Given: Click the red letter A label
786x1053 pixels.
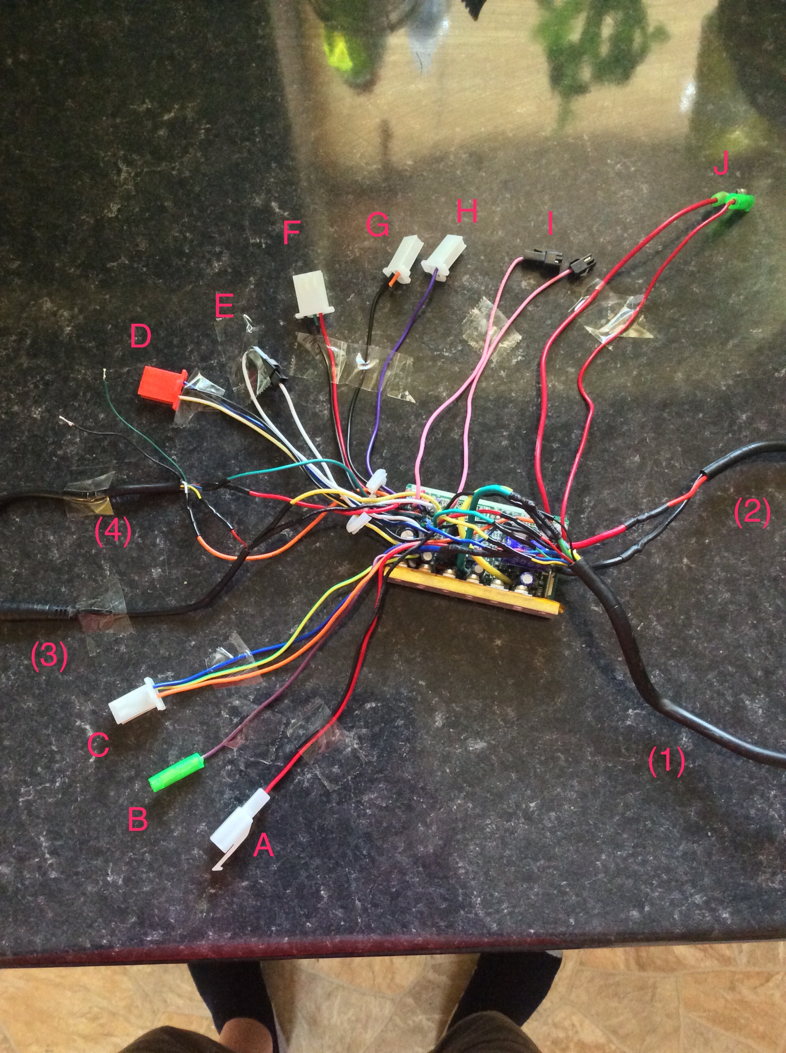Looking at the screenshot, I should coord(263,846).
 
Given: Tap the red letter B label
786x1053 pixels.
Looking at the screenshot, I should coord(138,819).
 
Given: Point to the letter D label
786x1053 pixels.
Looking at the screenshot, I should coord(141,336).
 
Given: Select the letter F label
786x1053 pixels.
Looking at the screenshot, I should coord(292,233).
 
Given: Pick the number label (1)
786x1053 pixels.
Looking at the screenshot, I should coord(667,761).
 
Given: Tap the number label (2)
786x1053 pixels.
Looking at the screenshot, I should coord(752,513).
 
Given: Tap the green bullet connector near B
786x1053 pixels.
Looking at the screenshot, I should coord(177,773).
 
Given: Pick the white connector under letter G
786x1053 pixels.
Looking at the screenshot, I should coord(403,261).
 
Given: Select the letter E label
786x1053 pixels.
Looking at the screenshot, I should coord(225,305).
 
